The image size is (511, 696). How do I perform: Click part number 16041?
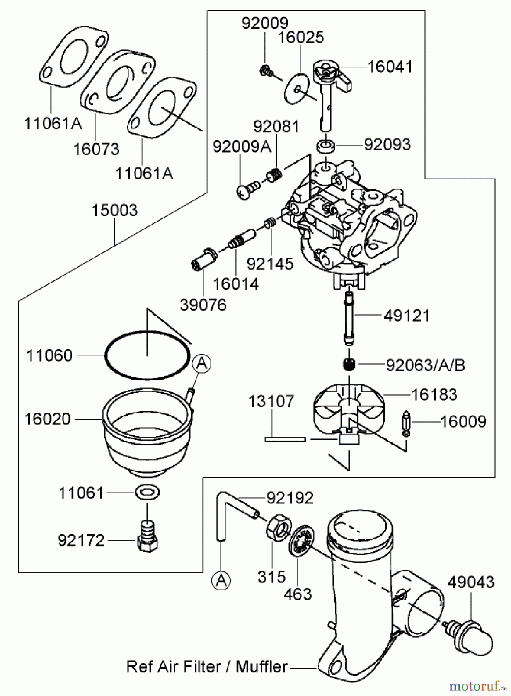[x=389, y=67]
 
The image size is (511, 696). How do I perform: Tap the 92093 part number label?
[x=387, y=145]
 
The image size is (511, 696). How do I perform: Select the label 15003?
[x=114, y=211]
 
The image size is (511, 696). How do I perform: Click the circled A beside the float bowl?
[x=202, y=363]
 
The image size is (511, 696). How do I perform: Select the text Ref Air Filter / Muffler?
[x=207, y=667]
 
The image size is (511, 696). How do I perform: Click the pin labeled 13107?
[x=285, y=439]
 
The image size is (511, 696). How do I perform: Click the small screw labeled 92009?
[x=266, y=71]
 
